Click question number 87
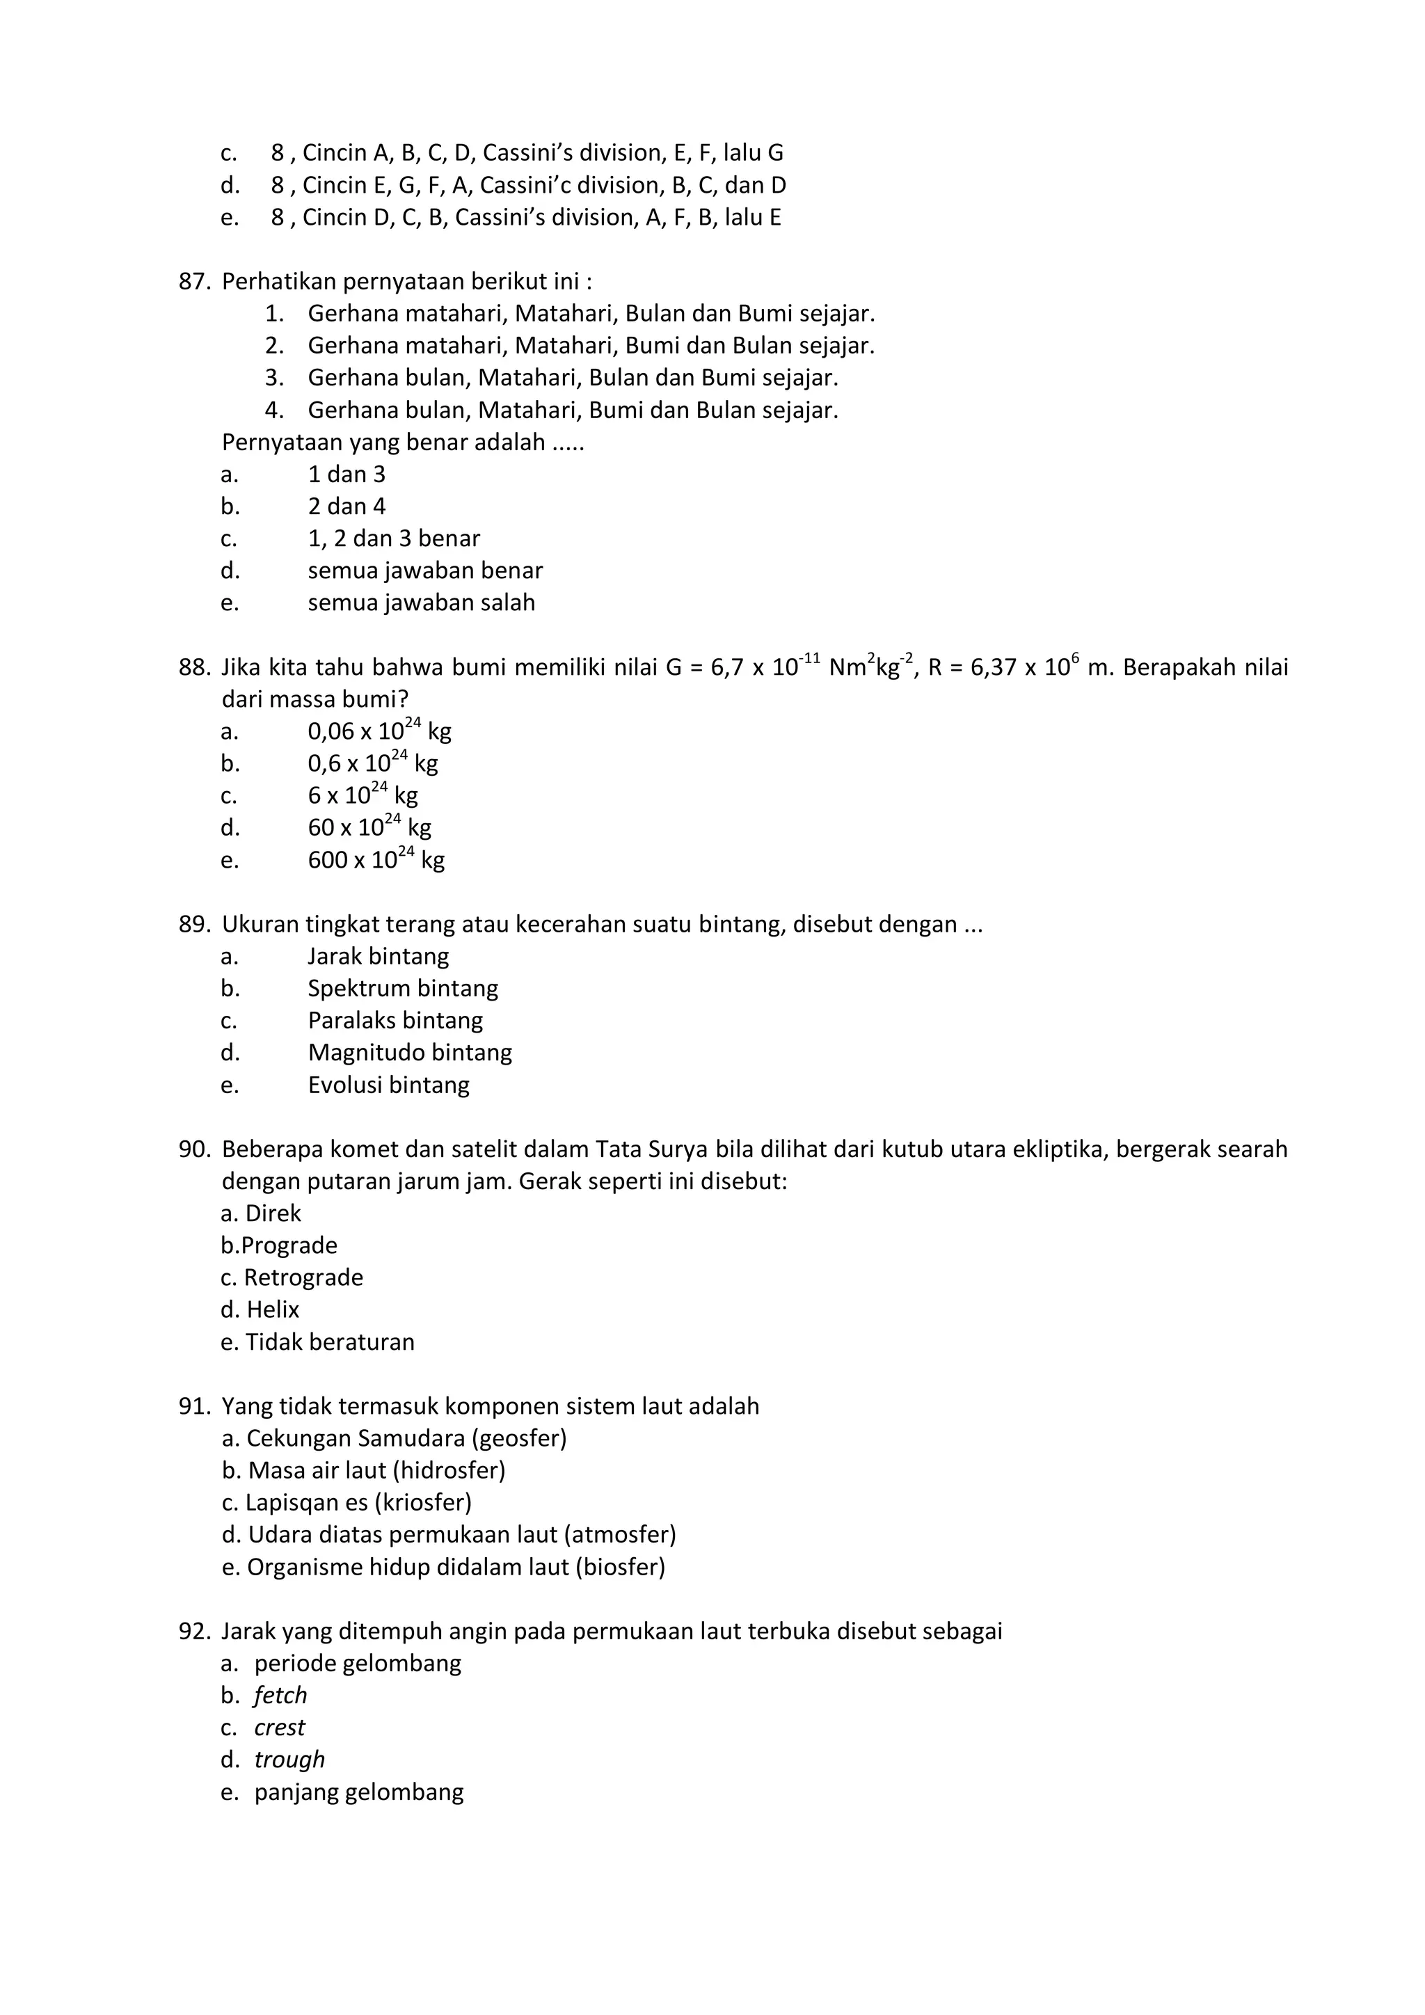point(194,282)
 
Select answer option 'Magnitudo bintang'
point(409,1052)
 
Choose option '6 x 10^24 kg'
point(362,795)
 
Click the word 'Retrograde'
point(303,1277)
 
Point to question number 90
point(194,1149)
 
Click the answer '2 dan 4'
point(346,507)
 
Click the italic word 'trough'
point(289,1760)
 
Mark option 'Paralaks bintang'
point(395,1021)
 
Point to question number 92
point(194,1632)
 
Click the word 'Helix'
point(272,1309)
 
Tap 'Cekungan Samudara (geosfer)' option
point(406,1438)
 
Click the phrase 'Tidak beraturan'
point(329,1342)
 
